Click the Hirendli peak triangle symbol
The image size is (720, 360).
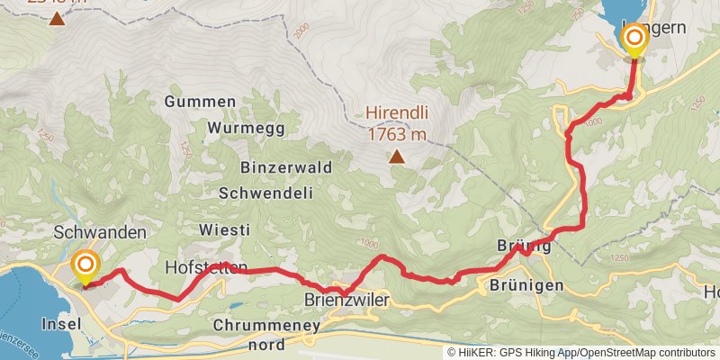click(396, 157)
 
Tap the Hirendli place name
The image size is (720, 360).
click(396, 113)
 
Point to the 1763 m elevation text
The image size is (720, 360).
click(396, 134)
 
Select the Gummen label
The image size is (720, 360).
click(200, 102)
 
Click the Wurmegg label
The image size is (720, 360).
click(246, 128)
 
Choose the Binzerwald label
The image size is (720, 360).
click(286, 167)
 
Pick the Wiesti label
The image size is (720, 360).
click(220, 231)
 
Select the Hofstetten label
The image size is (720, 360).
click(206, 267)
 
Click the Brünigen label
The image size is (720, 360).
click(526, 285)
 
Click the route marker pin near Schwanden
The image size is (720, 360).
click(85, 265)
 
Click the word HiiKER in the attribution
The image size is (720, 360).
click(476, 353)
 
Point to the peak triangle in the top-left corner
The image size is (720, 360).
click(57, 18)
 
